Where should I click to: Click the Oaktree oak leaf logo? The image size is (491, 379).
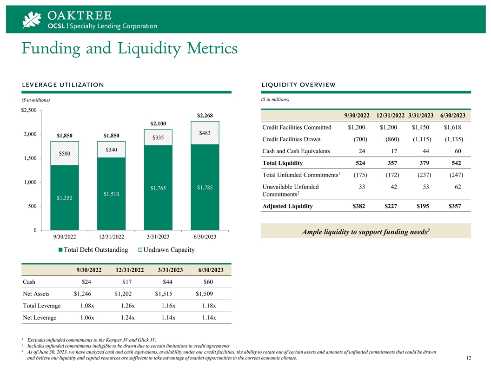32,20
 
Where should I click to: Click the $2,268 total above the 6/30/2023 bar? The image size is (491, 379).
205,115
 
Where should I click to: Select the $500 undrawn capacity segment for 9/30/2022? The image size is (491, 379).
65,153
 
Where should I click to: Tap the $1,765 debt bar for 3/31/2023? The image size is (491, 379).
158,188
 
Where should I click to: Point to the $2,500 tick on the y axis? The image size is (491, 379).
29,110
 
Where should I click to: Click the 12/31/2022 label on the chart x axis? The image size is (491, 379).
112,237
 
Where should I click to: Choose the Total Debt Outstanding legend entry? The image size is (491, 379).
93,249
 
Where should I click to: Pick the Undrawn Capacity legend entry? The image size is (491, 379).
166,249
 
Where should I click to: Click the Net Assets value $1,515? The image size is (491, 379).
164,294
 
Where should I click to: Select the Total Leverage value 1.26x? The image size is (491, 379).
128,306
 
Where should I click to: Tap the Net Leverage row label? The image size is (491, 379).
40,317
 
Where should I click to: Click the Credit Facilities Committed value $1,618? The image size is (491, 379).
452,127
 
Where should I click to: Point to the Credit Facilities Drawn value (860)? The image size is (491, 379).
392,139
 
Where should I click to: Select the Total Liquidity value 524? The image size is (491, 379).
360,163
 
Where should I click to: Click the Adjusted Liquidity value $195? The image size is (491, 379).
423,206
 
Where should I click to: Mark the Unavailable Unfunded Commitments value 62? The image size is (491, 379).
458,187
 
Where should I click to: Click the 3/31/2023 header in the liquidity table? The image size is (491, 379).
421,115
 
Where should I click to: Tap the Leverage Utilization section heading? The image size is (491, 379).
63,85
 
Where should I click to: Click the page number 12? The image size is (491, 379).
469,358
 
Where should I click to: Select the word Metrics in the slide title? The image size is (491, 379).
212,48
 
